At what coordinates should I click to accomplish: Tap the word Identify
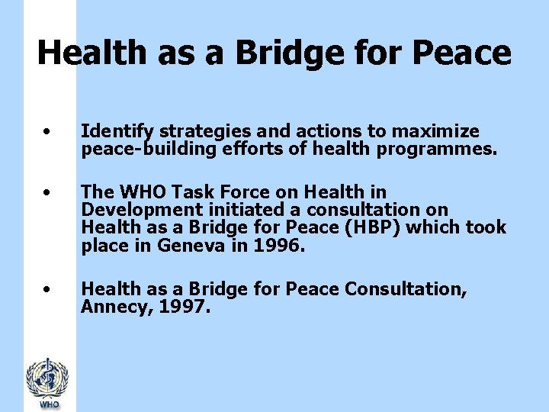115,132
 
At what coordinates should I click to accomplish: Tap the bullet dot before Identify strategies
47,131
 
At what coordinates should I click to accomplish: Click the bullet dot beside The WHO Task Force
47,192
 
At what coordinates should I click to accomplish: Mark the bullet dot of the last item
47,289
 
